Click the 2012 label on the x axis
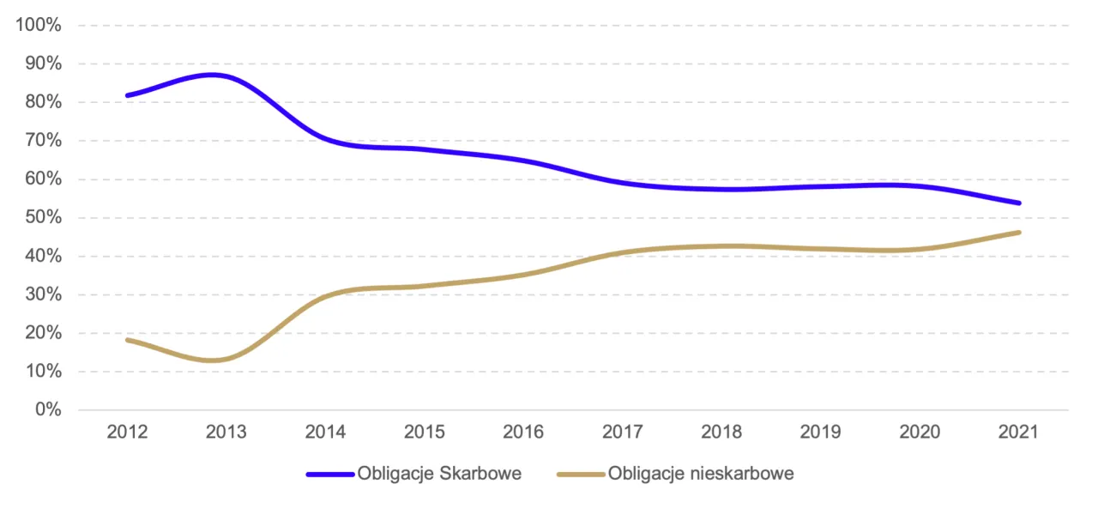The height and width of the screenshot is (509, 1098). click(127, 432)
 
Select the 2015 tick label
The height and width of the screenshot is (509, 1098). click(424, 432)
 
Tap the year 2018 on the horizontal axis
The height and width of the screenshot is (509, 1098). click(721, 432)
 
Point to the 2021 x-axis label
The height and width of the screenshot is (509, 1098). click(1018, 432)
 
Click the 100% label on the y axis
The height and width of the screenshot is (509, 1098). click(39, 25)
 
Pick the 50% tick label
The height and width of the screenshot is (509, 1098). click(42, 218)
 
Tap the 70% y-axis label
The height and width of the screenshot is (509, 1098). click(42, 141)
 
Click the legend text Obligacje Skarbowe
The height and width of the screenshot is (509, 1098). click(439, 474)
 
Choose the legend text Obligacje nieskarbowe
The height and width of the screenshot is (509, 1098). click(701, 474)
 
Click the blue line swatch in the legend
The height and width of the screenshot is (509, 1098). click(330, 474)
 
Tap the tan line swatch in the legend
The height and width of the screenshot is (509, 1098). click(582, 474)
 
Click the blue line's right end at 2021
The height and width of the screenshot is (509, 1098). click(1019, 203)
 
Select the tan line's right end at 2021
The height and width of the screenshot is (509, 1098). click(1019, 233)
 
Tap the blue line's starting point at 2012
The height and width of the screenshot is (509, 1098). click(128, 95)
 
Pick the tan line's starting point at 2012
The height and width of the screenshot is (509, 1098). click(128, 340)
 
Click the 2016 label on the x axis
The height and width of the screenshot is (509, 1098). click(523, 432)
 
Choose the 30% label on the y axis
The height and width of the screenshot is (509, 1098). click(42, 294)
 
